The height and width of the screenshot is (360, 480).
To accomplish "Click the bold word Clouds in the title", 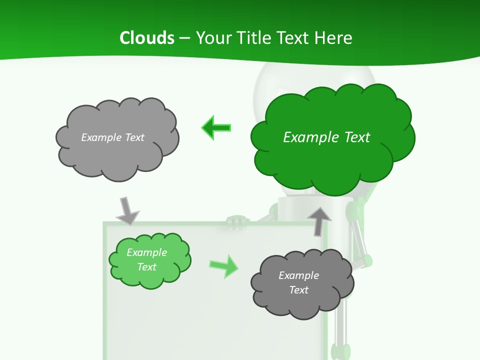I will [147, 38].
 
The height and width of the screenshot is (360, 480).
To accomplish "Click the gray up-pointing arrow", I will [319, 220].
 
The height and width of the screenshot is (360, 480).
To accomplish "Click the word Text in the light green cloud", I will [147, 267].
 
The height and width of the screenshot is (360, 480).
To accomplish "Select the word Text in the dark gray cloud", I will [299, 290].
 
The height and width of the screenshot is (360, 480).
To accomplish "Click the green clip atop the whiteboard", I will [236, 221].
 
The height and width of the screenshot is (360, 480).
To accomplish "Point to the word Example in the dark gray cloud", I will [299, 275].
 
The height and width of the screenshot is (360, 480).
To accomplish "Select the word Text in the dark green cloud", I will [355, 137].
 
